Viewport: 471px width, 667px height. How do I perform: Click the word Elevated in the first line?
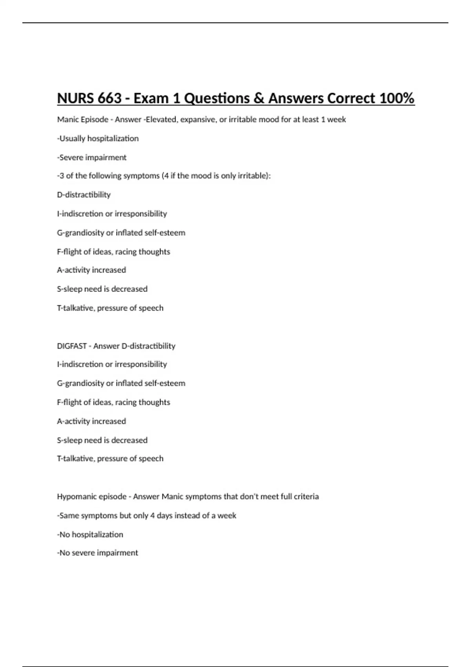pos(161,120)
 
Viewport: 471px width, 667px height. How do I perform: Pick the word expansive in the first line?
pos(198,120)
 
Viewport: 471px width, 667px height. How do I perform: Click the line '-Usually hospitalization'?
pos(98,139)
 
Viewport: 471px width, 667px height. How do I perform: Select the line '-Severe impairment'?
pos(92,157)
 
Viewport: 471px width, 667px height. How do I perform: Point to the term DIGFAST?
pos(72,346)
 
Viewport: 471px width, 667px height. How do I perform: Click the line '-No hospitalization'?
pos(90,534)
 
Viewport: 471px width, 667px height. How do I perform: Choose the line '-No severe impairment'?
pos(97,553)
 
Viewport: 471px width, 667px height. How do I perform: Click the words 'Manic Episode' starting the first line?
pos(82,120)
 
